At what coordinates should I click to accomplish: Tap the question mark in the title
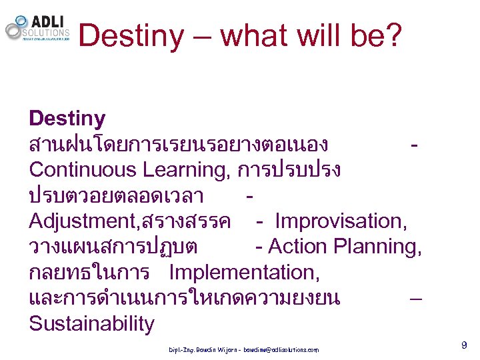coord(393,35)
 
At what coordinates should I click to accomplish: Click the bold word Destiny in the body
coord(67,119)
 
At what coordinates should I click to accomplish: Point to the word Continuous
coord(83,170)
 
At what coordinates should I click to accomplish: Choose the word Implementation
coord(244,273)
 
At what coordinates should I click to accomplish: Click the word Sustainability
coord(91,324)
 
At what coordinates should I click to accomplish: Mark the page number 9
coord(463,345)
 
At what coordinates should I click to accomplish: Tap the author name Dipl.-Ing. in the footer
coord(181,349)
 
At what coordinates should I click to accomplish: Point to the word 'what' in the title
coord(250,35)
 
